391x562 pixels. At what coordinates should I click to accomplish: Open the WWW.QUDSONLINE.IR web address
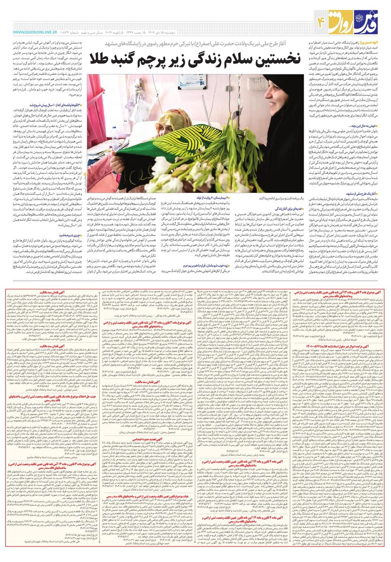(x=35, y=32)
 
